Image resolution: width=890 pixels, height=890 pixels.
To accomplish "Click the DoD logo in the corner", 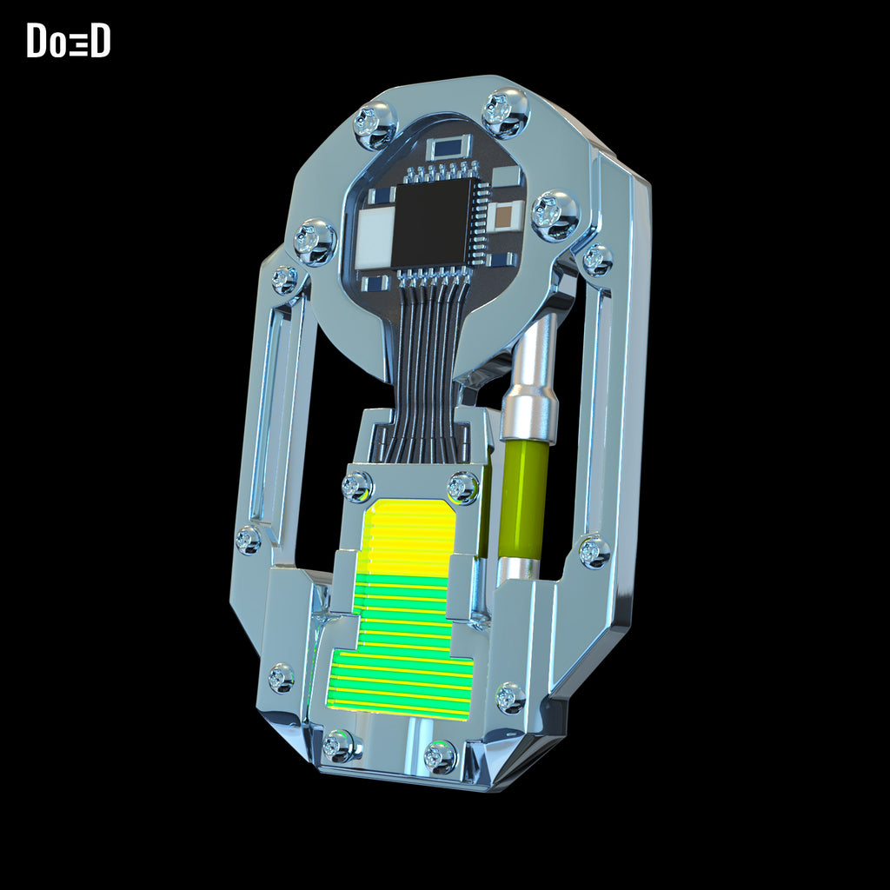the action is pyautogui.click(x=68, y=40).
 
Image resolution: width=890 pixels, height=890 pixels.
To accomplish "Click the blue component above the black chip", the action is pyautogui.click(x=448, y=148).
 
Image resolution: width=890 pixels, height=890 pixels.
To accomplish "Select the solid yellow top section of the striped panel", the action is pyautogui.click(x=408, y=536).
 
